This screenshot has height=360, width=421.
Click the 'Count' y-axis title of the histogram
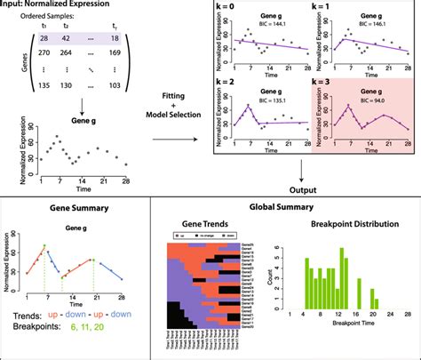(x=271, y=281)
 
